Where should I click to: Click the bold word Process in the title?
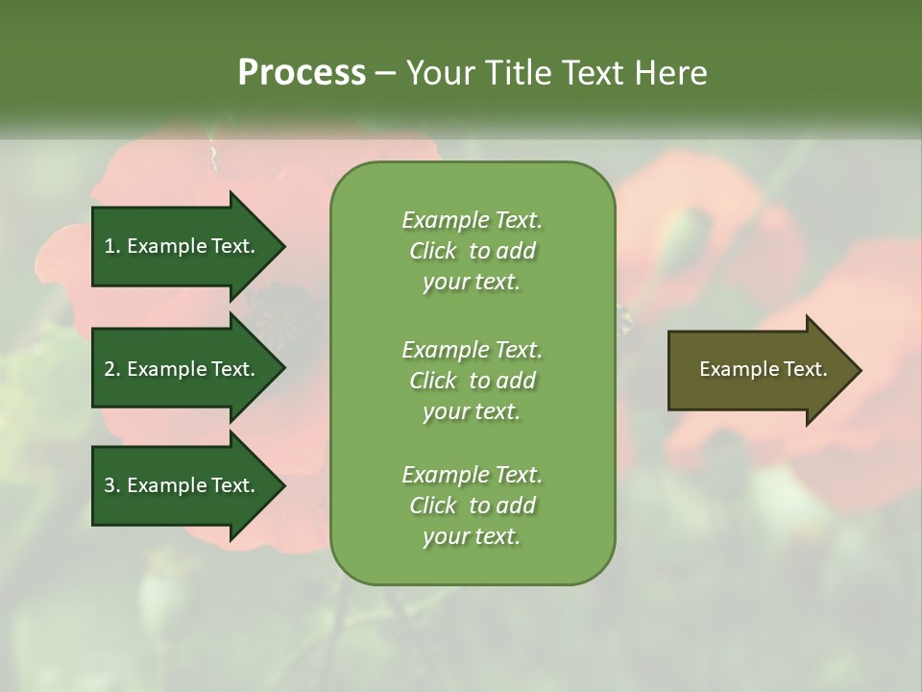click(302, 73)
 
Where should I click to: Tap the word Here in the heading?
click(671, 73)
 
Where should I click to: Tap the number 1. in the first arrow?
click(112, 246)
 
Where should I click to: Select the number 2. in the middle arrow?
click(112, 369)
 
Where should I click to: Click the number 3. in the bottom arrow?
click(112, 485)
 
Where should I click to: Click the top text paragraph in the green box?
click(472, 251)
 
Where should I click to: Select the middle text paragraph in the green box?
click(472, 381)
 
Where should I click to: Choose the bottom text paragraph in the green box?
click(472, 506)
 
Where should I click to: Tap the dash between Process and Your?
click(386, 73)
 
